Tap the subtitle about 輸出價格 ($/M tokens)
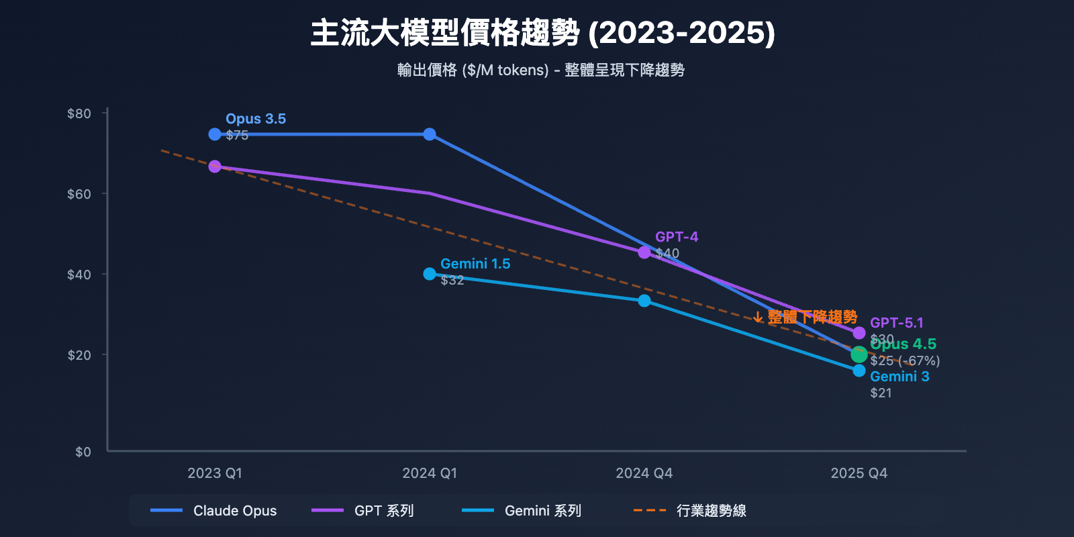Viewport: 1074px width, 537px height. coord(540,70)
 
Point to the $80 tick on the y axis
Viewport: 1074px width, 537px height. coord(79,113)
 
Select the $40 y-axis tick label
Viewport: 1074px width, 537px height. coord(79,275)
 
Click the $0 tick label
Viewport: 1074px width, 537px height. coord(83,452)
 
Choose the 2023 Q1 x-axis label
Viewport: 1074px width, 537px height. coord(215,473)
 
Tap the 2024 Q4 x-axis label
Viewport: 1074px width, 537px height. coord(644,473)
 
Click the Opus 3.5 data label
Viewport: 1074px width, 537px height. coord(256,119)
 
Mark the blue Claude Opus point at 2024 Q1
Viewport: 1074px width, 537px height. coord(430,134)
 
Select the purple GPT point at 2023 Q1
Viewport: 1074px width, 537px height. coord(215,166)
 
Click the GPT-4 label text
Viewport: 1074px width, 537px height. coord(676,237)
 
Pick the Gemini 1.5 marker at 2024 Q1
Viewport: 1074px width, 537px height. coord(430,274)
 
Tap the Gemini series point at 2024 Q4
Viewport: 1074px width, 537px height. coord(644,301)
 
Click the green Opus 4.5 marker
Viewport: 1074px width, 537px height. coord(859,354)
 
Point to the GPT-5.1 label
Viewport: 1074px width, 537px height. coord(896,323)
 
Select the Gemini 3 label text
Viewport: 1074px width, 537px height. coord(899,377)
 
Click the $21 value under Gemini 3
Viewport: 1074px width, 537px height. coord(881,393)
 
